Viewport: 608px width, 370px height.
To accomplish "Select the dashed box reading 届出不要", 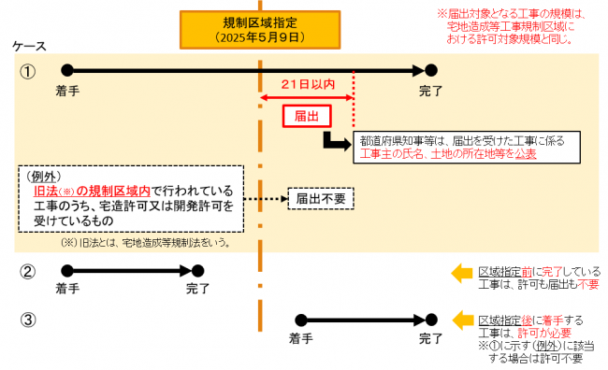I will click(321, 198).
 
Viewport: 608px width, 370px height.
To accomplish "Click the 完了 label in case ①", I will click(429, 91).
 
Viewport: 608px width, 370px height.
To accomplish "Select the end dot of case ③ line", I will click(430, 320).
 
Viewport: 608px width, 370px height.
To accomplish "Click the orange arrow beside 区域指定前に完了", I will click(462, 273).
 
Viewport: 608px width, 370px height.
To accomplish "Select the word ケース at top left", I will click(28, 46).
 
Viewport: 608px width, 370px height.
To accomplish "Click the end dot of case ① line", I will click(430, 69).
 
